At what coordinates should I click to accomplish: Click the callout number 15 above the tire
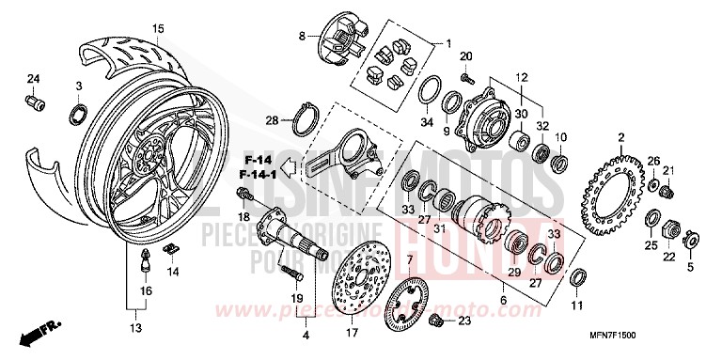(x=158, y=28)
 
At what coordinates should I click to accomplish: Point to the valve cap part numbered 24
(x=35, y=101)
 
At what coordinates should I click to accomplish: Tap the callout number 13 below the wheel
(x=135, y=328)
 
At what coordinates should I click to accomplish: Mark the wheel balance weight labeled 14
(x=170, y=248)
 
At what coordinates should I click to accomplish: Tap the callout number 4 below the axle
(x=305, y=335)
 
